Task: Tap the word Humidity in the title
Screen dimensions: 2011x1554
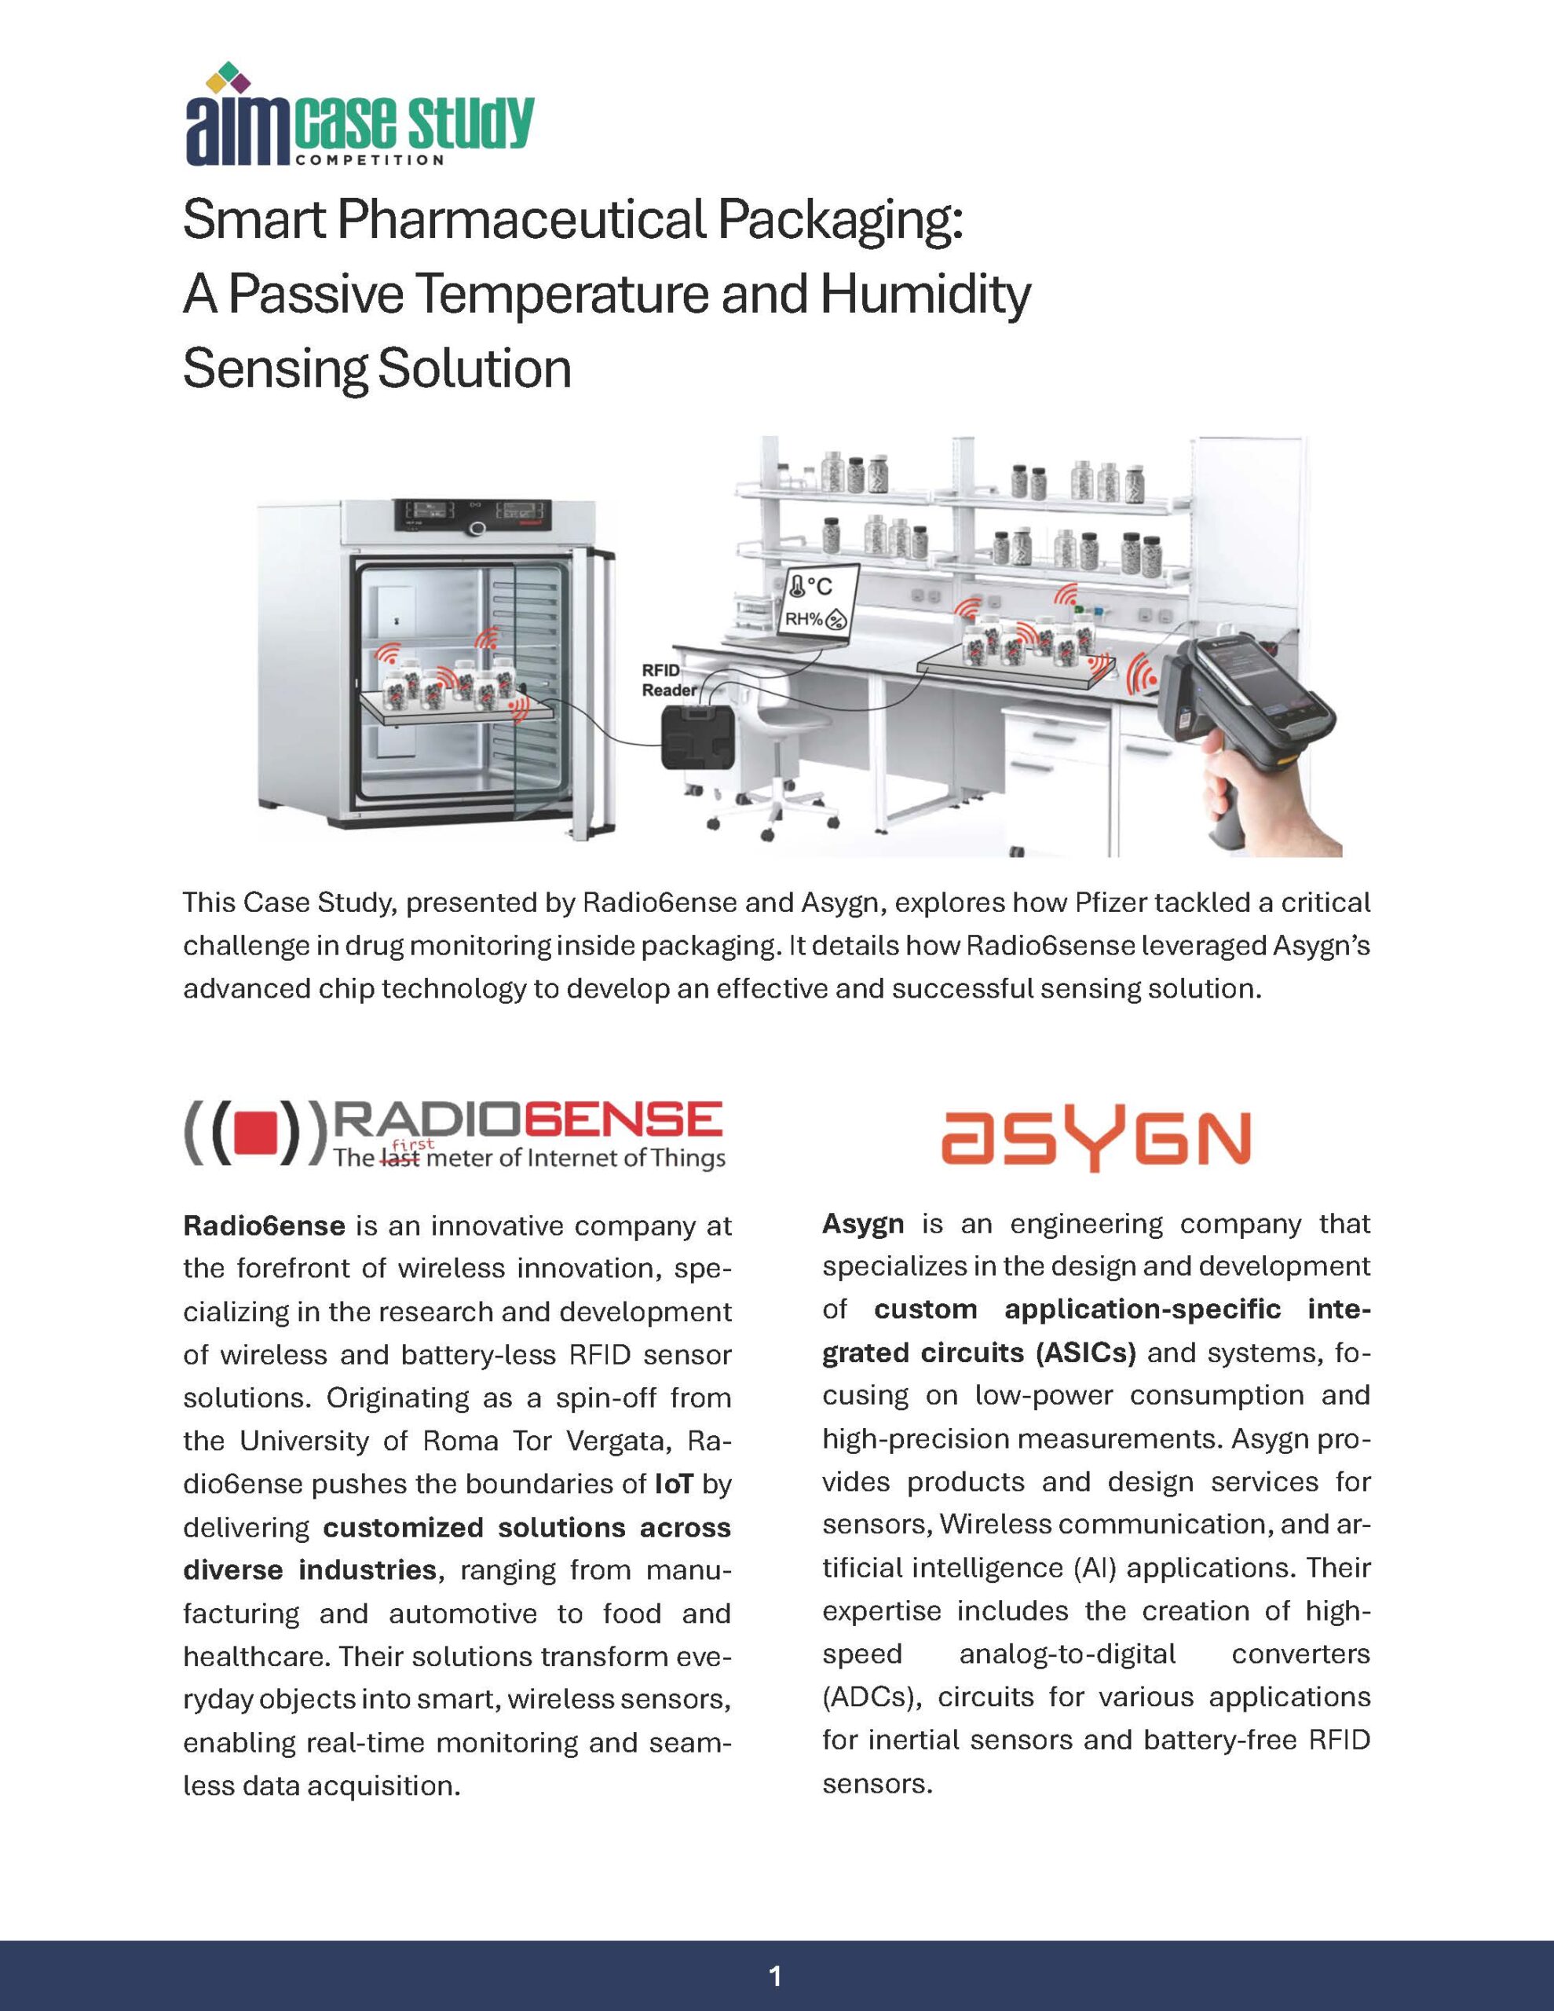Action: point(924,295)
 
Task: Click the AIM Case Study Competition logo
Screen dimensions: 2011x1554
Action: point(359,116)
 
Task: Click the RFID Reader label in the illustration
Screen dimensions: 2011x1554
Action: point(669,680)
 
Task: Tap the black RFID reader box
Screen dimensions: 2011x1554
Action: point(699,737)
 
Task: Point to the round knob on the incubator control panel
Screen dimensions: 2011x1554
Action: point(477,528)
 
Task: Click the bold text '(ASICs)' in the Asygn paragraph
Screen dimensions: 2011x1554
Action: point(1086,1353)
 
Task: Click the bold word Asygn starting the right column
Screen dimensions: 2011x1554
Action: point(863,1224)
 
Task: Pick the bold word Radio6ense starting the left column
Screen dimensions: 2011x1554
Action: point(264,1225)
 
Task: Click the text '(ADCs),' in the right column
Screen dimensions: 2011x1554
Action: point(872,1696)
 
